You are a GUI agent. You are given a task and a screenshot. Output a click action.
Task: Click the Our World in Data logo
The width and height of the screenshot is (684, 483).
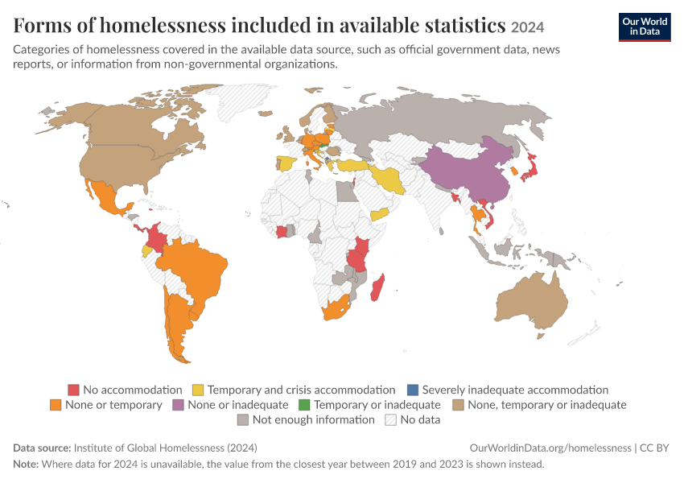(645, 27)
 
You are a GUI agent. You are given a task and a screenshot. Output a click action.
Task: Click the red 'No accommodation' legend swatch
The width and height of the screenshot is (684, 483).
(74, 390)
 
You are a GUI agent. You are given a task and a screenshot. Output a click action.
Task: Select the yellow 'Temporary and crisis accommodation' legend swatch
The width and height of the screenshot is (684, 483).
(198, 390)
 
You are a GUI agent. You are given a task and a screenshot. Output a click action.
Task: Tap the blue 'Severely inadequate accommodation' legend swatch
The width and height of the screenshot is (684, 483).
(412, 390)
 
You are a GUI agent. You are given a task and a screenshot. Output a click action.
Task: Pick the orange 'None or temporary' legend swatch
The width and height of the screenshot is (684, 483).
(56, 405)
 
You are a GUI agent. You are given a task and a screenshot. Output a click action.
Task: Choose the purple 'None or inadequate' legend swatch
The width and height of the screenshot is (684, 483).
(178, 405)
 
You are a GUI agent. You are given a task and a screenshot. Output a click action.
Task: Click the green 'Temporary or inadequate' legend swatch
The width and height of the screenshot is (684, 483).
(304, 405)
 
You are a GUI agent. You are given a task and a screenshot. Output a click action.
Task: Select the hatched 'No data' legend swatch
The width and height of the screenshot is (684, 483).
(390, 419)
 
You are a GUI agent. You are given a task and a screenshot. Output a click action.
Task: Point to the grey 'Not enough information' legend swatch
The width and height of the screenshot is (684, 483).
(242, 419)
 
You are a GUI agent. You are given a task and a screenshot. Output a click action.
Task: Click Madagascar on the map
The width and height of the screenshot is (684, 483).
(377, 288)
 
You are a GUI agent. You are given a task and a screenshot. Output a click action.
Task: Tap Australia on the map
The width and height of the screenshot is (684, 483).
(532, 301)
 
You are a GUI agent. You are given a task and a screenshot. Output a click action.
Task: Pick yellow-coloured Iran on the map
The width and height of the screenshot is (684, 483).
(388, 179)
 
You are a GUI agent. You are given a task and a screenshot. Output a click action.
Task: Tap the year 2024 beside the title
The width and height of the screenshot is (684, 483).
(527, 27)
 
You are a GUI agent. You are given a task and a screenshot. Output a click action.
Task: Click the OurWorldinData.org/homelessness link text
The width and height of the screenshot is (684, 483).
(550, 448)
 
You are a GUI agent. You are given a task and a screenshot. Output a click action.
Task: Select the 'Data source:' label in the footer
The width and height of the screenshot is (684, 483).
(42, 448)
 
